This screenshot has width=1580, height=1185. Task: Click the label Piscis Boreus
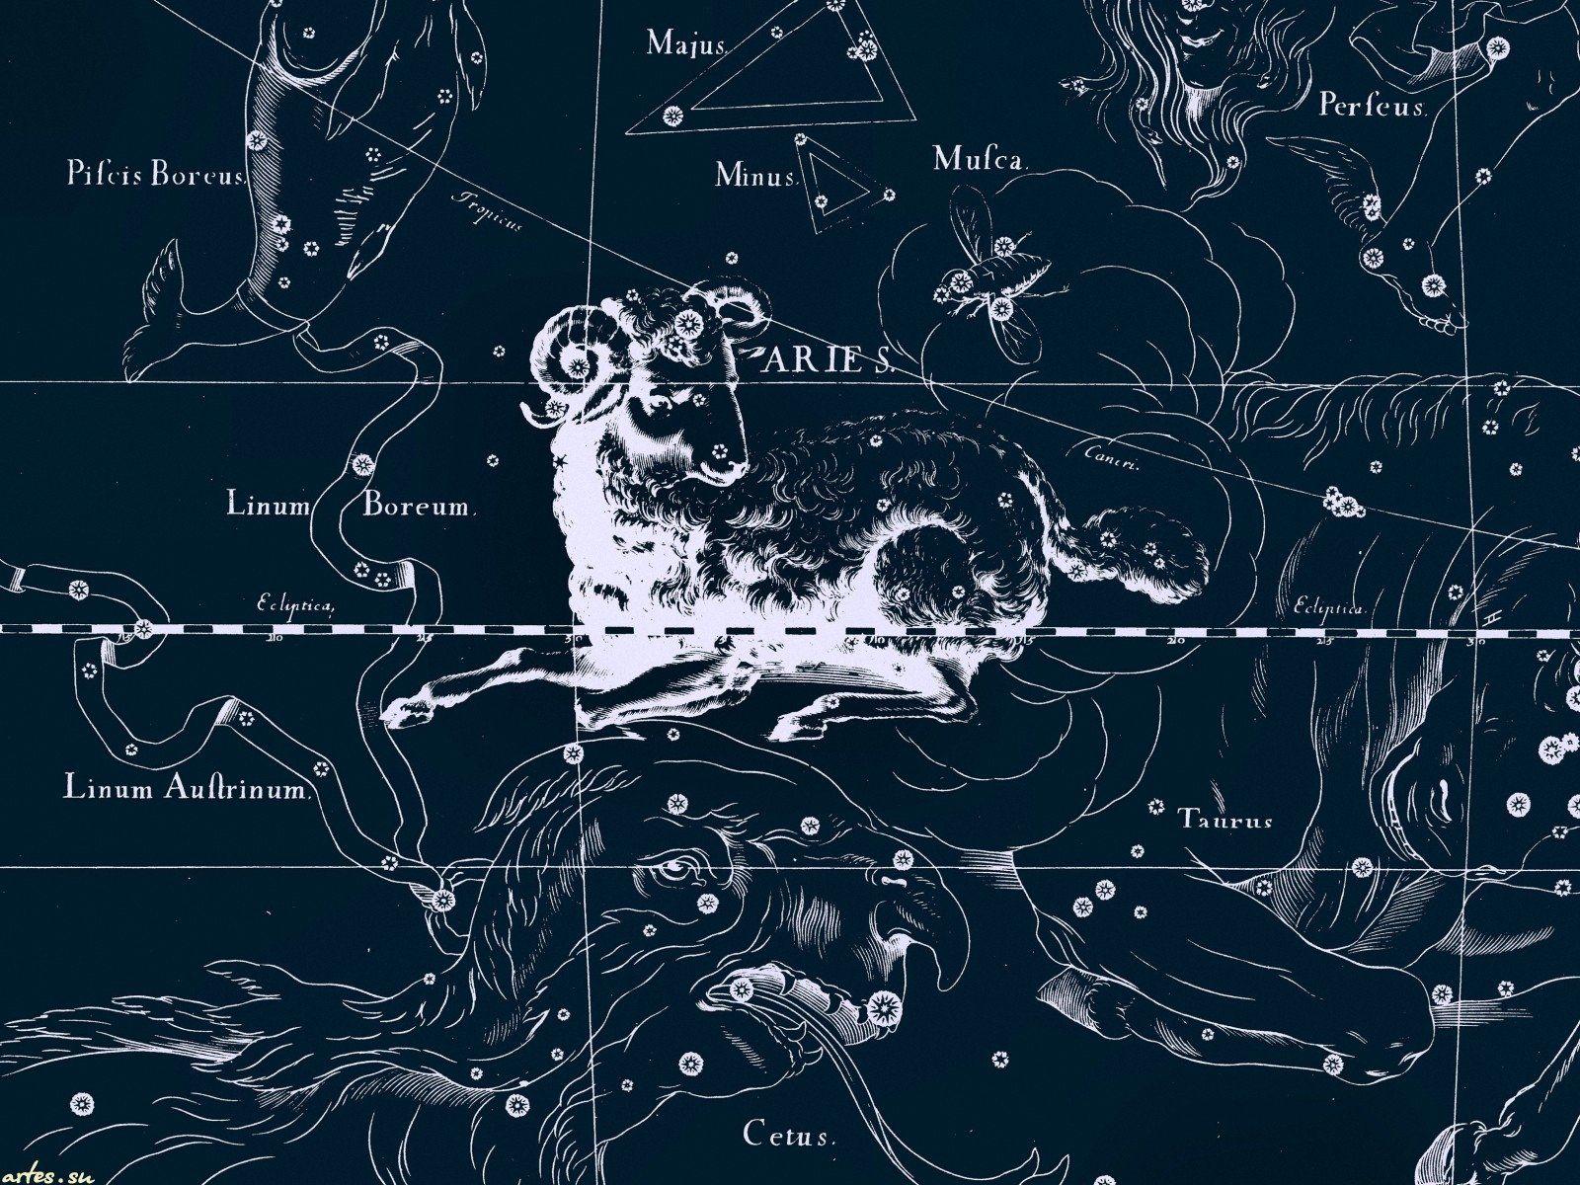coord(155,177)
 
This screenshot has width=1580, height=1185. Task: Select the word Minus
coord(755,177)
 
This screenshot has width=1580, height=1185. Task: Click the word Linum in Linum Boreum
coord(269,506)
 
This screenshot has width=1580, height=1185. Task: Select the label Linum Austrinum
coord(189,788)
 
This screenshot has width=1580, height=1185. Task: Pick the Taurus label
coord(1224,820)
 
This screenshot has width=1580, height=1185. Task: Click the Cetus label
coord(789,1137)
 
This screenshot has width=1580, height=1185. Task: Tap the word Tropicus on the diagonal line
coord(486,212)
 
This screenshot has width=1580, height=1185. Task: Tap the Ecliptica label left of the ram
coord(296,606)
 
